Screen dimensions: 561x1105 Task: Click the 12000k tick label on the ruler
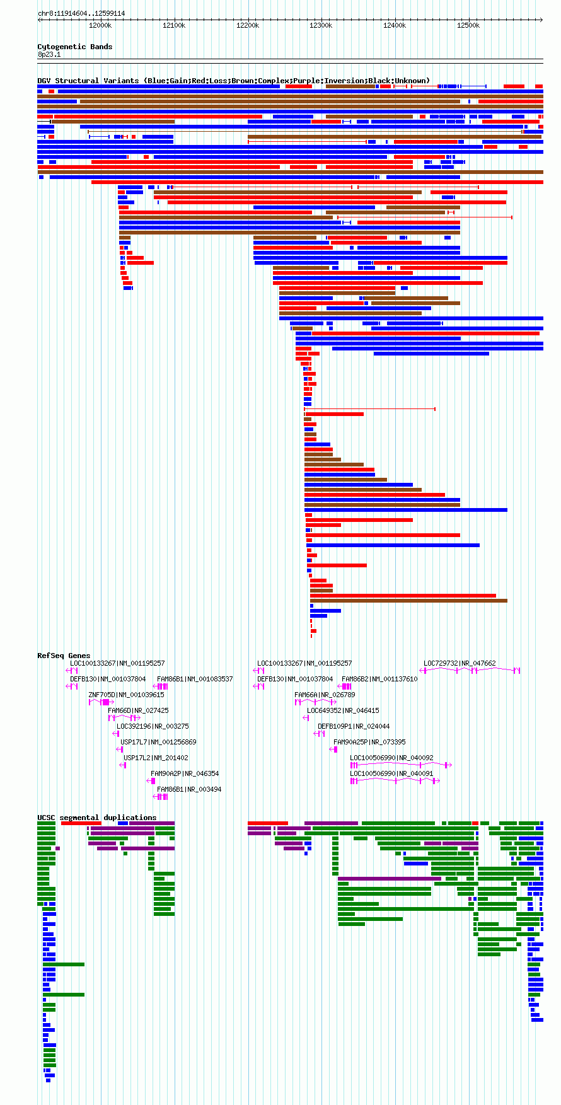(100, 25)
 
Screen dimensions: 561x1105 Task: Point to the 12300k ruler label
(321, 25)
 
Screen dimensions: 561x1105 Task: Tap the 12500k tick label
(468, 25)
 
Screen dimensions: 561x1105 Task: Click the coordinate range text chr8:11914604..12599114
(81, 13)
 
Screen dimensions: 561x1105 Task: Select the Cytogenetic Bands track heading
(75, 47)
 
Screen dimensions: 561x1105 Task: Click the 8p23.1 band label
(49, 54)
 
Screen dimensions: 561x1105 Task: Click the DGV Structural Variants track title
(234, 81)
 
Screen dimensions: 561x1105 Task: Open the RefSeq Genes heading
(64, 656)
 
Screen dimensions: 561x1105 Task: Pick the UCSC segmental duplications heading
(97, 818)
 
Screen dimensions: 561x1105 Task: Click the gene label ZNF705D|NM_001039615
(126, 695)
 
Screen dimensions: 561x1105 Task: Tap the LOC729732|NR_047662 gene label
(460, 663)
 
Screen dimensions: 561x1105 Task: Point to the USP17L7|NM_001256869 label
(158, 742)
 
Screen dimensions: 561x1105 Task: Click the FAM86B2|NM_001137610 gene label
(379, 679)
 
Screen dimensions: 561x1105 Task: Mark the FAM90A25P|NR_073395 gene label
(369, 742)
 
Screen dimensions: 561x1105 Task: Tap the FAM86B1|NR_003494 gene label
(189, 789)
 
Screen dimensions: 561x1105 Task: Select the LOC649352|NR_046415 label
(343, 710)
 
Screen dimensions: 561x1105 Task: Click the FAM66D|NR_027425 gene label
(138, 710)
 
